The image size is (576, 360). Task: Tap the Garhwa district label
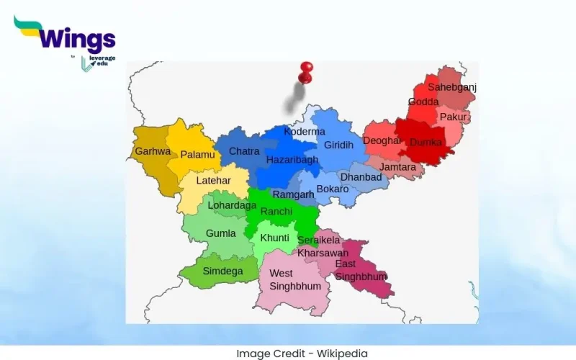153,152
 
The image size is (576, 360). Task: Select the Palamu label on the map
197,155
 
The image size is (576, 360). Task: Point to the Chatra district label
244,152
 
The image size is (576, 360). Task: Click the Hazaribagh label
292,160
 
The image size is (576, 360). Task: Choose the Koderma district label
305,132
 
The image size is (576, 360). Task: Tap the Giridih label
338,145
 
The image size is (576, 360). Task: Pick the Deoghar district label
382,141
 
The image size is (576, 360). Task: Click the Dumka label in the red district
425,143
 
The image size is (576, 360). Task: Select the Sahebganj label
452,87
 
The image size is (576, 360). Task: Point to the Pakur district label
453,117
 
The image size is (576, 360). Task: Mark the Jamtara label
397,167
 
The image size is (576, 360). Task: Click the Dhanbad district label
361,177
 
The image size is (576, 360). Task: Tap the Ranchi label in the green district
276,211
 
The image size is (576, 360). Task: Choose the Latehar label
213,180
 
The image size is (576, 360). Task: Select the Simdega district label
222,271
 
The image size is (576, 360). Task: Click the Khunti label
274,238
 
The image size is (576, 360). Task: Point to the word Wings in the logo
74,37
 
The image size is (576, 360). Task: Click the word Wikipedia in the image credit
342,354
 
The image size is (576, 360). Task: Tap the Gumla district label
220,233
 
